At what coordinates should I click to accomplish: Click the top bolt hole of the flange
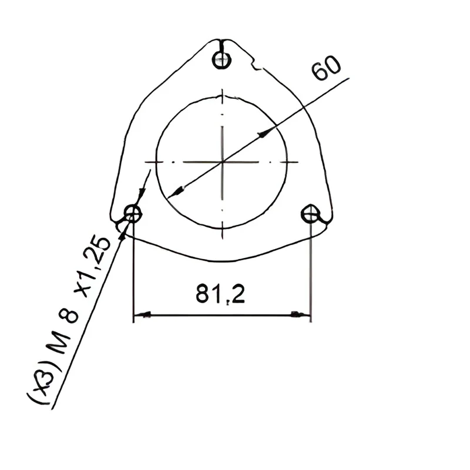pos(221,60)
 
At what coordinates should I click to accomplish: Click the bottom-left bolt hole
pos(133,214)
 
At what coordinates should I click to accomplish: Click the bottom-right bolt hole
pos(310,214)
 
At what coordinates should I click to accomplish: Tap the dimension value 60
pos(326,68)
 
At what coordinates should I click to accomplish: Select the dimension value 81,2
pos(220,294)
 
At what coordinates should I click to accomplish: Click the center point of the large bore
pos(222,162)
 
